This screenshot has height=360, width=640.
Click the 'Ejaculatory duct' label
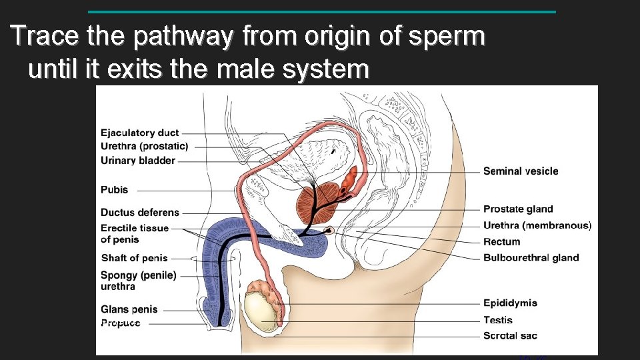point(139,133)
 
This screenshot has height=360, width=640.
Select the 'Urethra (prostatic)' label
point(144,146)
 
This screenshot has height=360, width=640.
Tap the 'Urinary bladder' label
point(138,160)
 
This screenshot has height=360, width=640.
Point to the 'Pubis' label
point(114,190)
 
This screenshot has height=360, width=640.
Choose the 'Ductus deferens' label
point(140,213)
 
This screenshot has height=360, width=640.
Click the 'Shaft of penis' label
point(134,258)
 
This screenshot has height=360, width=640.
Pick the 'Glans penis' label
point(129,309)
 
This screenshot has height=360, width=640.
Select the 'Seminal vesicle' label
point(521,171)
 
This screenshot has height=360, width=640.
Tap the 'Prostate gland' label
point(518,209)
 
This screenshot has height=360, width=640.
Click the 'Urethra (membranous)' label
point(537,225)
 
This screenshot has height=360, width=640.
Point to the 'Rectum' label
point(501,241)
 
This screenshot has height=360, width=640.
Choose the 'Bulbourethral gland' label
point(531,258)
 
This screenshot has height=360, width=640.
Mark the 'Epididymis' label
point(510,303)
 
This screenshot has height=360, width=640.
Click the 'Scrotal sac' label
point(510,335)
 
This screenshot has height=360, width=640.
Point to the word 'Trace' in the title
point(43,36)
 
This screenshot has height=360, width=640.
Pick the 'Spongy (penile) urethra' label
point(139,281)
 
